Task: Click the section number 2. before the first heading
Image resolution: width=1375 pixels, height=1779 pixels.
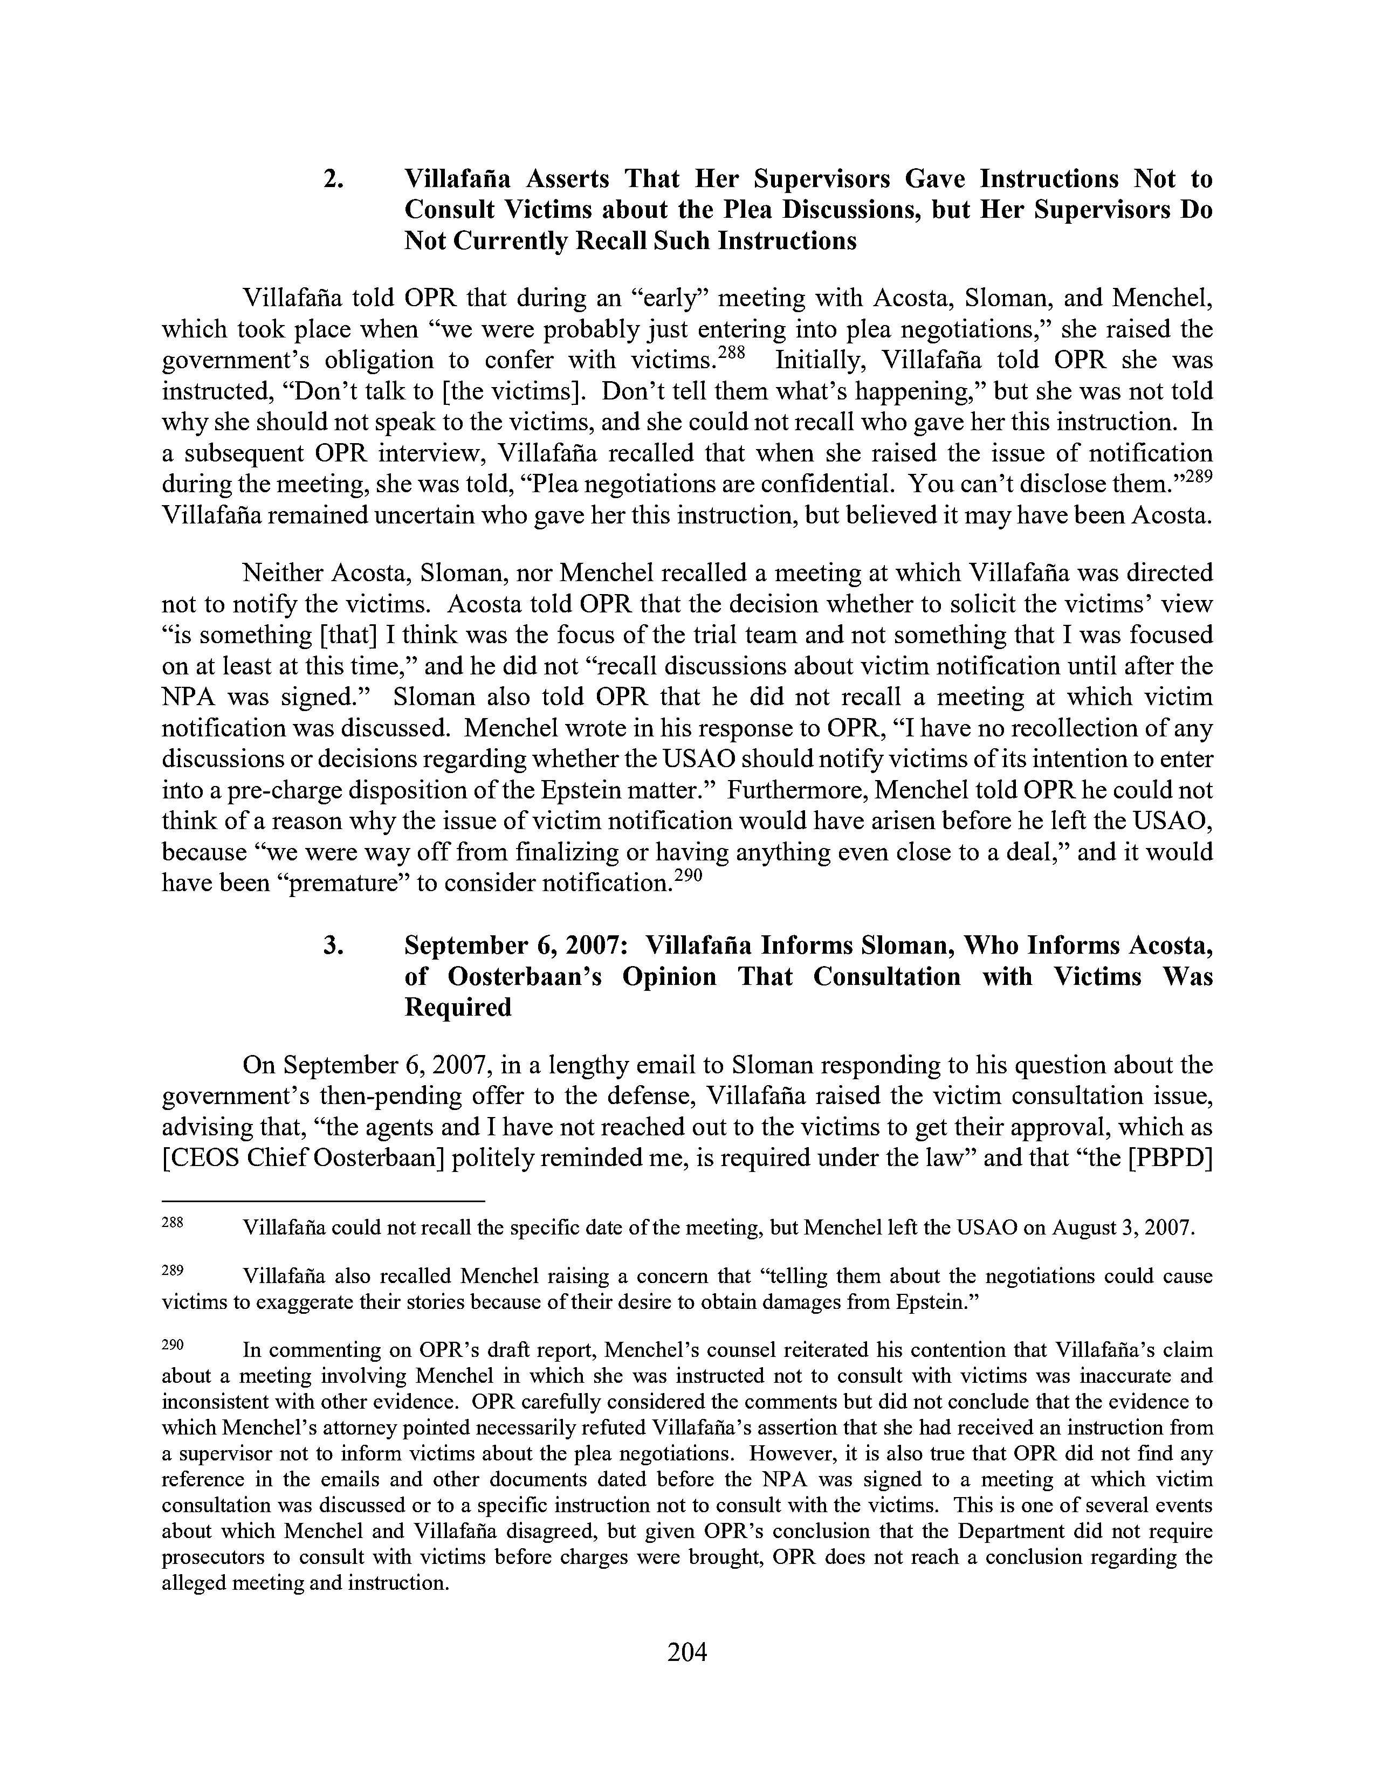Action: click(x=334, y=178)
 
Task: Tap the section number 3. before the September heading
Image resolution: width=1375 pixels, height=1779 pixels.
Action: click(x=334, y=945)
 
